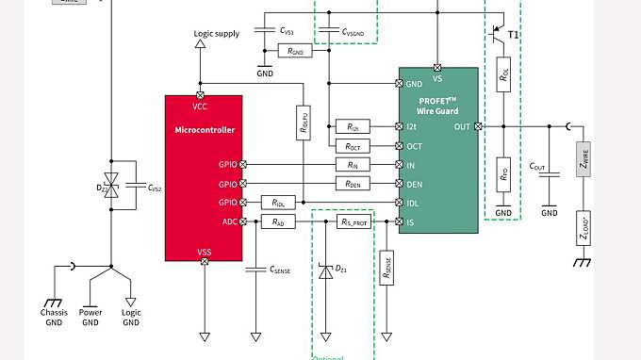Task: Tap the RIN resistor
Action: (x=353, y=164)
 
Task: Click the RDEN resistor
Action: (x=353, y=184)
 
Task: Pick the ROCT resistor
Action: (x=353, y=146)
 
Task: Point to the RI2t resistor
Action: (x=353, y=126)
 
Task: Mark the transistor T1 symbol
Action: (x=498, y=38)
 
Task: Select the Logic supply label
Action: (x=216, y=34)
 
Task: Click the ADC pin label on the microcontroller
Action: (x=229, y=222)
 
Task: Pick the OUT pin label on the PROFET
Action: (x=461, y=126)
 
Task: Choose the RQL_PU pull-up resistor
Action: (x=303, y=122)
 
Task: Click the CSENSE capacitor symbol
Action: (x=255, y=270)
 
